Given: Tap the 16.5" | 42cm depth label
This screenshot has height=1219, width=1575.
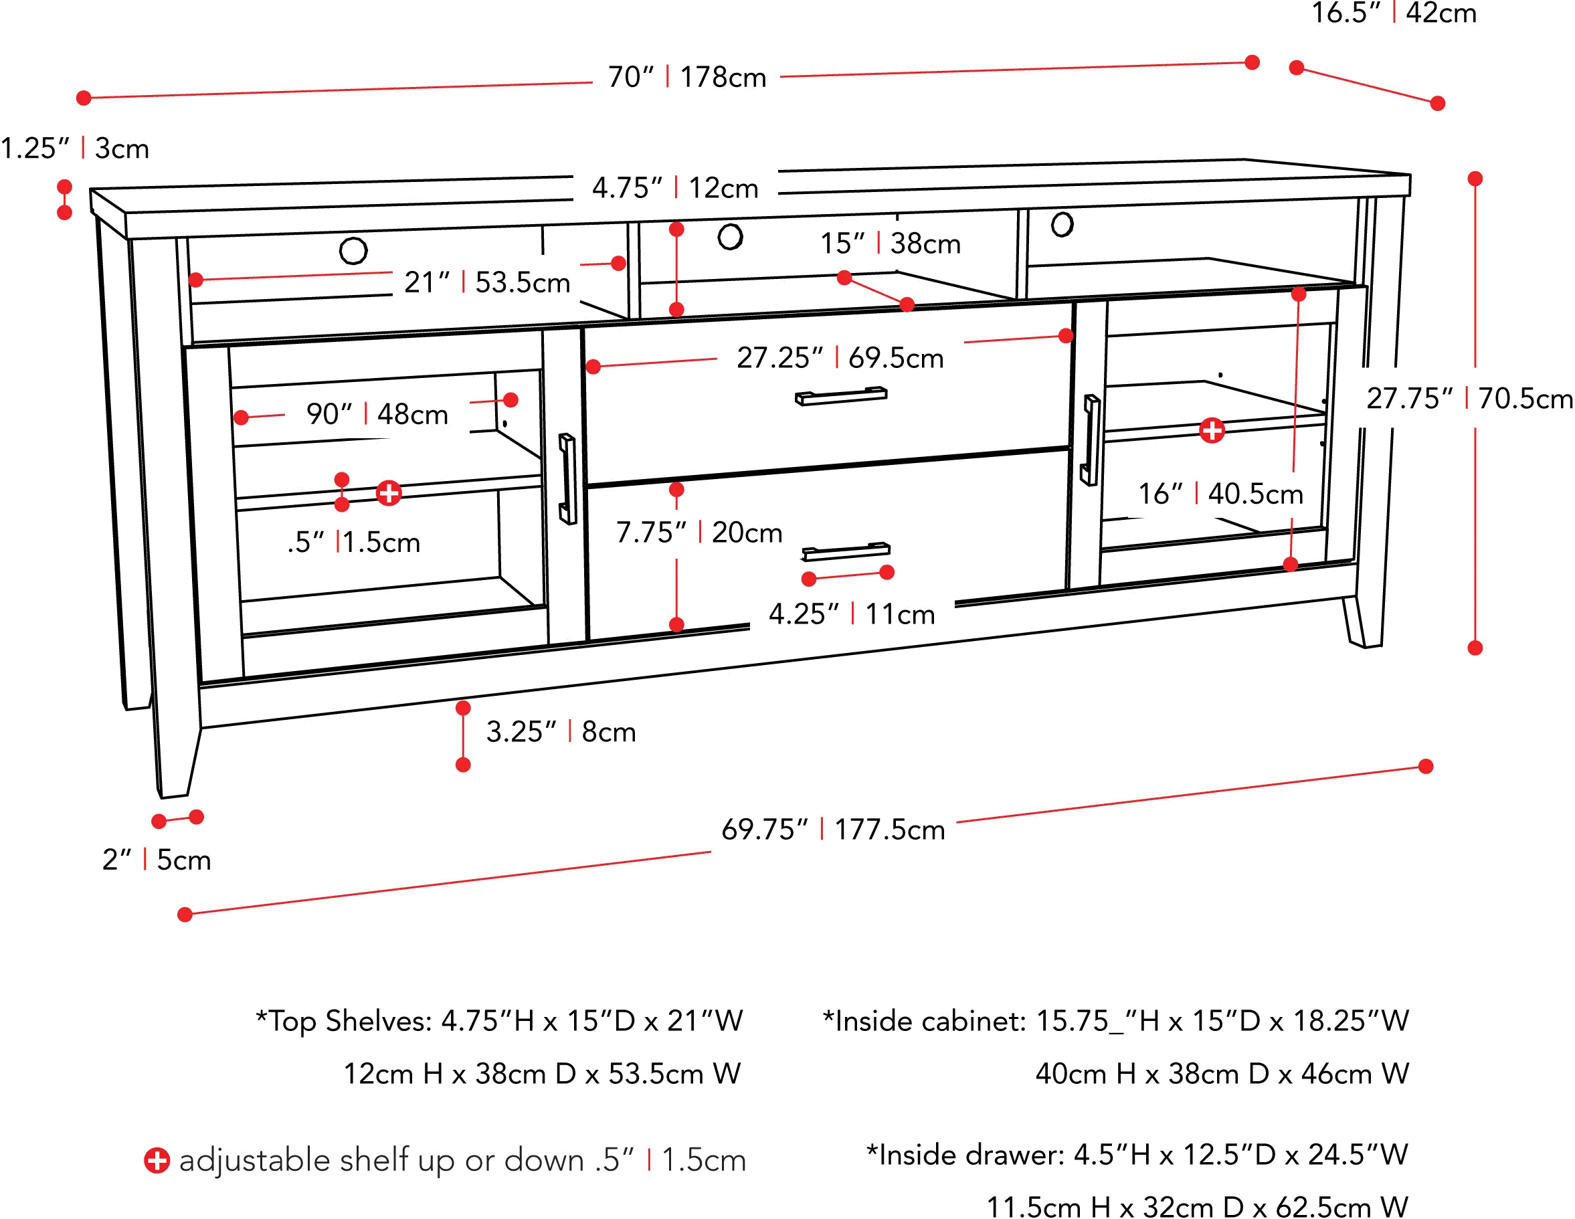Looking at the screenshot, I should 1396,13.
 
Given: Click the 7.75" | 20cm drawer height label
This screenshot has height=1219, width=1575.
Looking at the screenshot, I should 699,533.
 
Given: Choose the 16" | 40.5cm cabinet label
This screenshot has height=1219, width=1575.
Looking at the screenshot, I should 1221,494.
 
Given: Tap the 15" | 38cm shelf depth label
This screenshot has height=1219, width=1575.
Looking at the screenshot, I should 891,244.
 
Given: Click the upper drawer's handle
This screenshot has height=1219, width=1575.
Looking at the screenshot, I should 842,395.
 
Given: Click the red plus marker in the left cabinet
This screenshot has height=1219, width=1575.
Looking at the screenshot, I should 389,493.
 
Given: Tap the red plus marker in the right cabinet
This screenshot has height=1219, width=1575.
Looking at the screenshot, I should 1212,431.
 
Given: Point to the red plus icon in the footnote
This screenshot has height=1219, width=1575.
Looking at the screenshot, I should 156,1161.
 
